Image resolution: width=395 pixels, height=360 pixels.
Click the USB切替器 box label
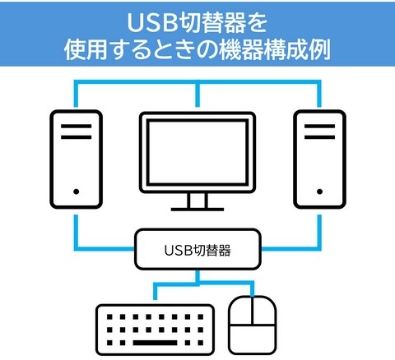197,250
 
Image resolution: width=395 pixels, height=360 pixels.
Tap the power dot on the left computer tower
77,192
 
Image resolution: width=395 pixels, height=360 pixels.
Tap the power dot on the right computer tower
319,192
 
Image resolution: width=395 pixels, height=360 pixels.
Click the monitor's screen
197,152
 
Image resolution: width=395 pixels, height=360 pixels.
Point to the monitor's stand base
197,210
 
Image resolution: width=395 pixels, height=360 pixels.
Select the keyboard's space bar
156,343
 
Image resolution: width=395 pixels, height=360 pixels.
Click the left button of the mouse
241,311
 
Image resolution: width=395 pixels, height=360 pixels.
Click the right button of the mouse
264,311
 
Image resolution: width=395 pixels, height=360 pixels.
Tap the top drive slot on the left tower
77,127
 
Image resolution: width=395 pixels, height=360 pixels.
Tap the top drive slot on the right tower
319,127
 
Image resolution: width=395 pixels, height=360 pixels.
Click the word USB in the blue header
151,23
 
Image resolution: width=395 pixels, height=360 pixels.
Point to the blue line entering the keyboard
175,285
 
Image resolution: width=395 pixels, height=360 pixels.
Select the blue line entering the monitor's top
197,95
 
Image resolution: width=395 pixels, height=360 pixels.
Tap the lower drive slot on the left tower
77,137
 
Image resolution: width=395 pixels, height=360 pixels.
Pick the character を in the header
257,23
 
